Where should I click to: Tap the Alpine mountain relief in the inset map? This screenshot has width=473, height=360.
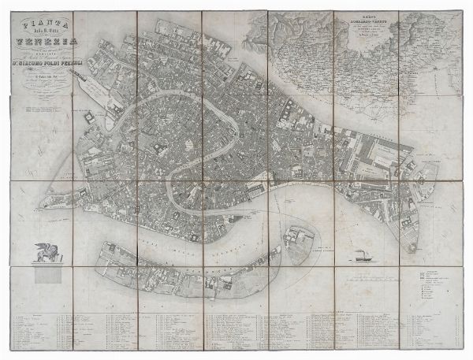(300, 35)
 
